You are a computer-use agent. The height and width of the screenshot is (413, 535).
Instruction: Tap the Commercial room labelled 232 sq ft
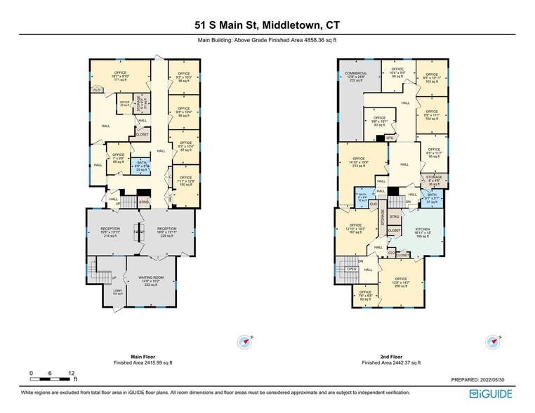[356, 76]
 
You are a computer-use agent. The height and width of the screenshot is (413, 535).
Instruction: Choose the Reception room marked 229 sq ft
[166, 232]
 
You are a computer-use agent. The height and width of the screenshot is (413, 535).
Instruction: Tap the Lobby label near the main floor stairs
[117, 291]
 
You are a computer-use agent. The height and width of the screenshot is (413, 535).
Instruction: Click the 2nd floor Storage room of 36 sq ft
[434, 181]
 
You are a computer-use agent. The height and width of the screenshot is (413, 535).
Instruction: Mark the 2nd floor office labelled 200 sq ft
[401, 282]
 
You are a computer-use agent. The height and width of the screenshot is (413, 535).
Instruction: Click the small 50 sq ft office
[365, 296]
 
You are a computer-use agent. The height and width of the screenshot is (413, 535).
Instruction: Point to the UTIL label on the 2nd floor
[390, 138]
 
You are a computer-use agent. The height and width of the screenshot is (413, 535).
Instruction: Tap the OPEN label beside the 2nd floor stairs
[352, 269]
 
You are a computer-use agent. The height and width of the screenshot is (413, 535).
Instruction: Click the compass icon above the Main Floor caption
[245, 342]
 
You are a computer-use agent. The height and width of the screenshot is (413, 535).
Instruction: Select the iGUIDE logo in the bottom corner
[492, 395]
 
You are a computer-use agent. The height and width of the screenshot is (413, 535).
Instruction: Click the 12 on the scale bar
[72, 373]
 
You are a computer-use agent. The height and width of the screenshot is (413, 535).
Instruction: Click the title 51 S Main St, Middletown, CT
[267, 25]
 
